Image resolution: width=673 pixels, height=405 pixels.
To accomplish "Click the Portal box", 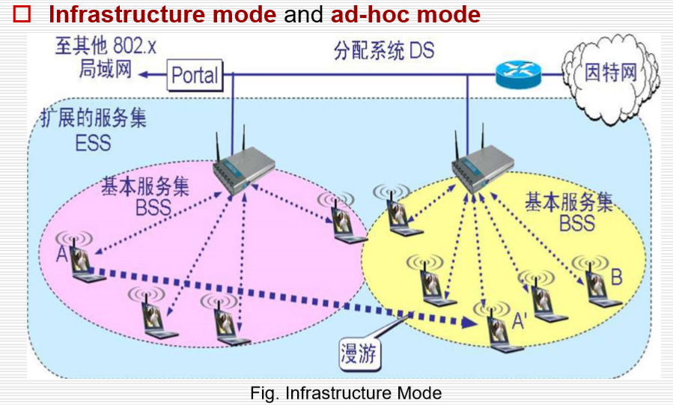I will [194, 74].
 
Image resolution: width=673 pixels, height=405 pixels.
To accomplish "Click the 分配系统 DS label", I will [383, 52].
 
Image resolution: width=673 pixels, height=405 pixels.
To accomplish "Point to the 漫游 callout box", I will [360, 352].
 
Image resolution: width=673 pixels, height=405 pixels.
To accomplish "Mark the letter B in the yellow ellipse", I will [616, 278].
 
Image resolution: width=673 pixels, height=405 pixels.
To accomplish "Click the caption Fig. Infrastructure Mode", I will [346, 392].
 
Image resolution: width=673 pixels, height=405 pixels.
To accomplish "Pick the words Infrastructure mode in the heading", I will [162, 14].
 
